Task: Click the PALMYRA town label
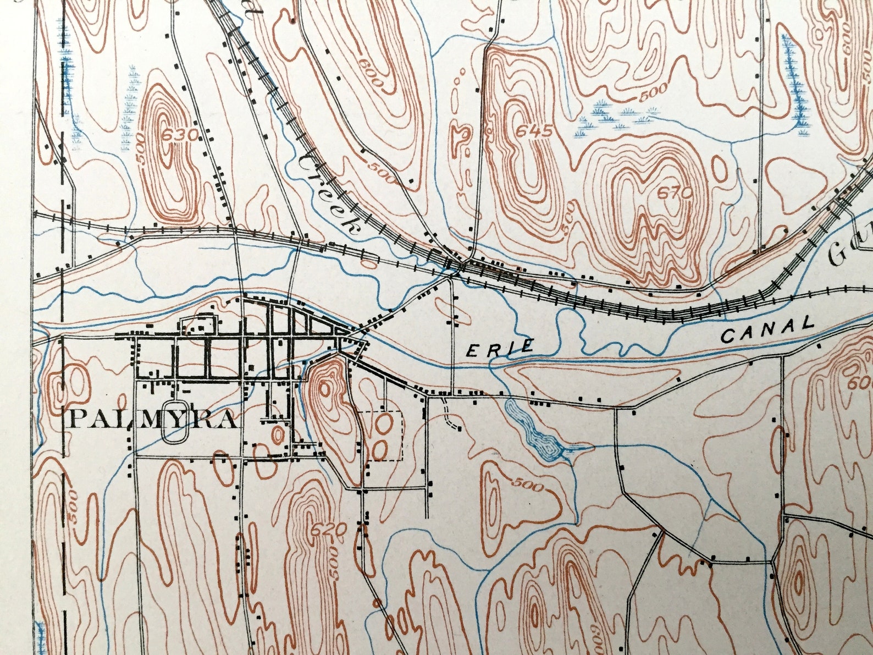click(154, 420)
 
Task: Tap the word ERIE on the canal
click(500, 348)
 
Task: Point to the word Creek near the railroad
click(329, 194)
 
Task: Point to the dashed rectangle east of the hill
click(382, 435)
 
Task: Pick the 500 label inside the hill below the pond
click(529, 486)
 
